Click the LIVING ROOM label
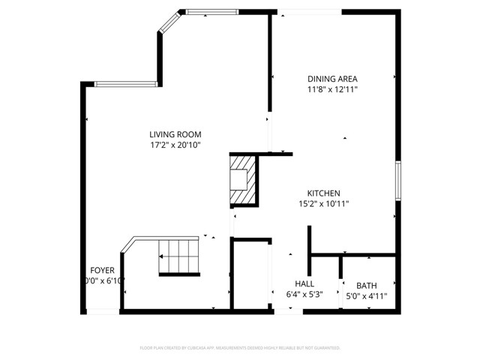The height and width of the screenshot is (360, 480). pos(175,134)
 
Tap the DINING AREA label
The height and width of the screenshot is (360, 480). pos(332,79)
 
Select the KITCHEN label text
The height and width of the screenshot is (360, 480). pos(324,193)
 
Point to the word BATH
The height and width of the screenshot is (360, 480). pos(366,285)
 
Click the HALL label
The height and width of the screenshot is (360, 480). pos(304,283)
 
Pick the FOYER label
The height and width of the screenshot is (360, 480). pos(102,270)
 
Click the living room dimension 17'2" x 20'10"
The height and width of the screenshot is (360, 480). pos(175,145)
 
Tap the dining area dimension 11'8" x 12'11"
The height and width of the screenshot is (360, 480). pos(332,89)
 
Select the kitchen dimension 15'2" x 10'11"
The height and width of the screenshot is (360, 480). pos(324,203)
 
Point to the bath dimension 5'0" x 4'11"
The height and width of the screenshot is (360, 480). pos(366,295)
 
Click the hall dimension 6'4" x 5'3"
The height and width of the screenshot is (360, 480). pos(304,295)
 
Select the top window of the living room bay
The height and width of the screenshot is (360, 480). pos(211,11)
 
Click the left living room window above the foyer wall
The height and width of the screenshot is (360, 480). pos(125,84)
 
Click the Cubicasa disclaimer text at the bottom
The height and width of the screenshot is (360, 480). pos(240,348)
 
